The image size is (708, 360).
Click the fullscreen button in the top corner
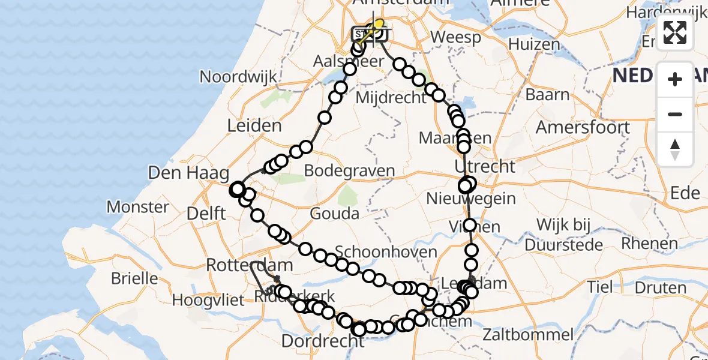point(675,32)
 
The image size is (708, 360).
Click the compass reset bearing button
point(675,149)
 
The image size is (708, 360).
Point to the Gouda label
point(335,214)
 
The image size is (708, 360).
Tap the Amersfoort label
point(583,127)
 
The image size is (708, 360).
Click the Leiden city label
point(254,126)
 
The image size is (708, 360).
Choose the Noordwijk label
point(238,77)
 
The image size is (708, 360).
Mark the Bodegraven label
point(349,170)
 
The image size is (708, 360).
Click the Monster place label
point(137,208)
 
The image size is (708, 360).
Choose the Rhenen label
point(650,243)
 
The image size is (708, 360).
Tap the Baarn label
point(547,95)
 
